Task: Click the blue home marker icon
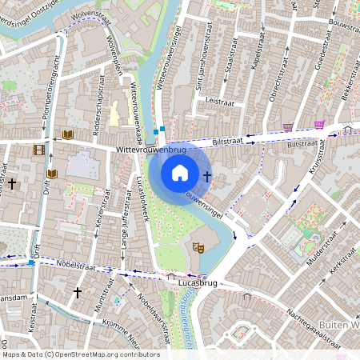click(x=180, y=172)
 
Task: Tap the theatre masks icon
click(x=198, y=249)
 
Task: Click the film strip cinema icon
click(x=38, y=149)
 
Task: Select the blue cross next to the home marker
click(x=207, y=176)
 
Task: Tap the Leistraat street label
click(x=218, y=102)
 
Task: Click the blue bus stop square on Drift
click(x=30, y=262)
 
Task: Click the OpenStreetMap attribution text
click(x=80, y=354)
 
